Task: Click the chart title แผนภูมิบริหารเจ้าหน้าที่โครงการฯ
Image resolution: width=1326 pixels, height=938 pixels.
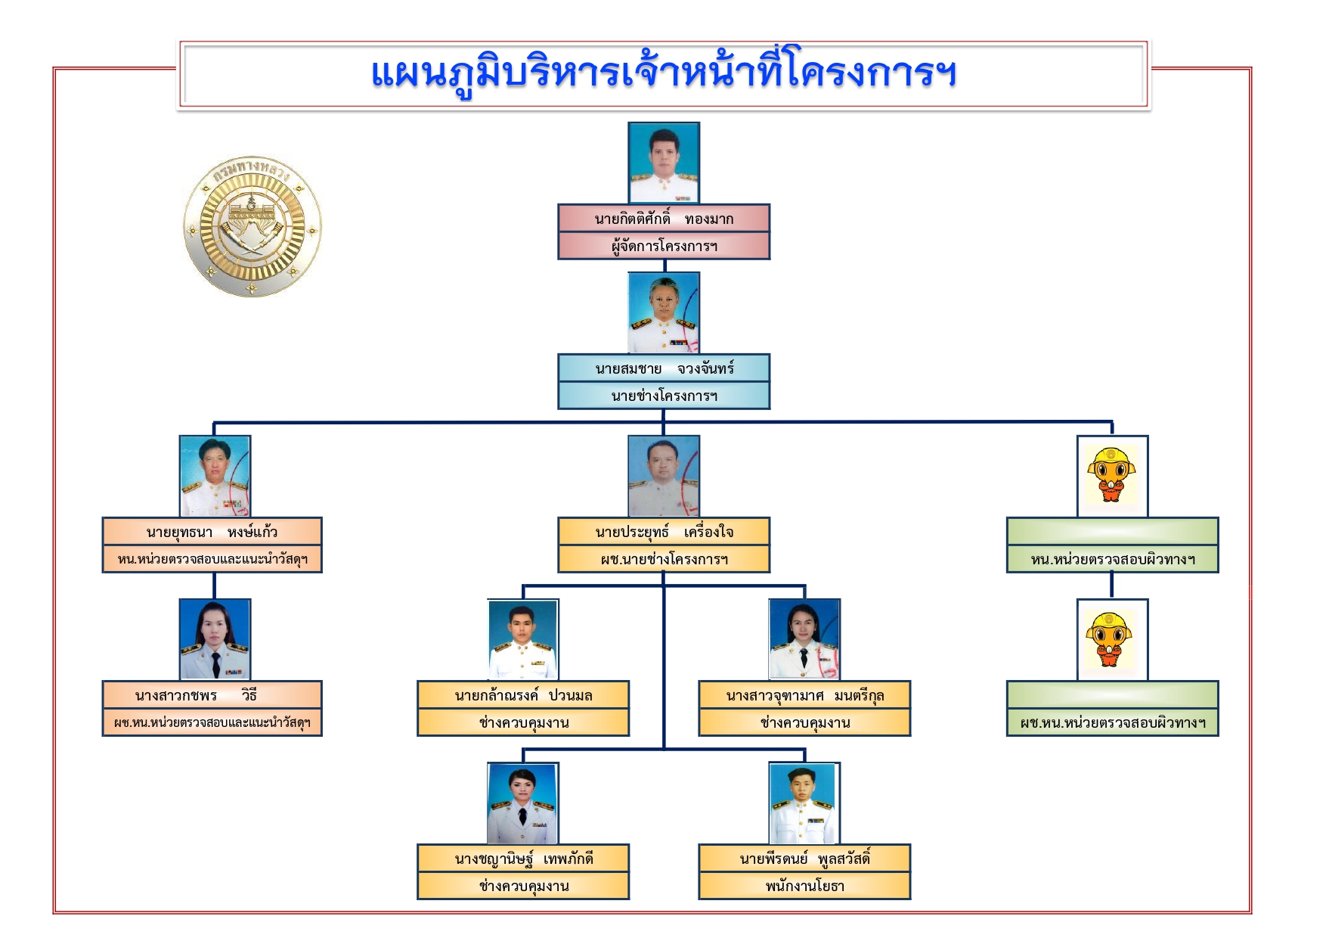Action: click(664, 74)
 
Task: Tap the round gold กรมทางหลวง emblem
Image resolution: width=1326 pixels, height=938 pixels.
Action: click(252, 227)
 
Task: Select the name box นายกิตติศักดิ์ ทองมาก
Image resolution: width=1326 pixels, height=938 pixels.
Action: click(664, 218)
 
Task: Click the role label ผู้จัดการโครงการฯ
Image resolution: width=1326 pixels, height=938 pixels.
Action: click(664, 246)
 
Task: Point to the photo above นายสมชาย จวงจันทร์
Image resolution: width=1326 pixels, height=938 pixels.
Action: click(664, 313)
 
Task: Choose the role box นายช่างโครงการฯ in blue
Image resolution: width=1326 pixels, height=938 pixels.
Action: click(664, 396)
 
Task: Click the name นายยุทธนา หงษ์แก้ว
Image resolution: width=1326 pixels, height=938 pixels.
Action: click(212, 532)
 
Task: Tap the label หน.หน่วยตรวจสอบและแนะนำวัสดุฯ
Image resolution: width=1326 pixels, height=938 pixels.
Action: click(212, 560)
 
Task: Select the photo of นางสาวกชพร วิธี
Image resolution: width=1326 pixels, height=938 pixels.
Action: click(215, 640)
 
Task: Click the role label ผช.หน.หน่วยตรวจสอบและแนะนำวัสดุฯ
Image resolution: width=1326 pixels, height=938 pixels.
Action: click(212, 723)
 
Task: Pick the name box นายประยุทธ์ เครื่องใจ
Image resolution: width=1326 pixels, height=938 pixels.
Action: click(664, 531)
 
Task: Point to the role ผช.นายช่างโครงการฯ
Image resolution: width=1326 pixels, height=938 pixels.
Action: click(664, 560)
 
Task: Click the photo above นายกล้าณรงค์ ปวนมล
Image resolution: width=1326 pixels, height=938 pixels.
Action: click(523, 640)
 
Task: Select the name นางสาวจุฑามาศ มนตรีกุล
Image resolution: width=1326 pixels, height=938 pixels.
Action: click(804, 695)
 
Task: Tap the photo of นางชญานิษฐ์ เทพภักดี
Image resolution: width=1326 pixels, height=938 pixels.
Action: click(523, 803)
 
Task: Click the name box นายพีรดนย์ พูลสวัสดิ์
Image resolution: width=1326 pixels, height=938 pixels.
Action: click(804, 858)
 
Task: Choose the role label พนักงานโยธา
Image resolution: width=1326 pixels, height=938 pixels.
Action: click(804, 886)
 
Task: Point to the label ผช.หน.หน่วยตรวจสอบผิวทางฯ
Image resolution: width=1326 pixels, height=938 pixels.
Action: click(1112, 723)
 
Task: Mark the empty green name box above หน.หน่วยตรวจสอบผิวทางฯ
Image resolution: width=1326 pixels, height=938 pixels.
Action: click(1112, 531)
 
